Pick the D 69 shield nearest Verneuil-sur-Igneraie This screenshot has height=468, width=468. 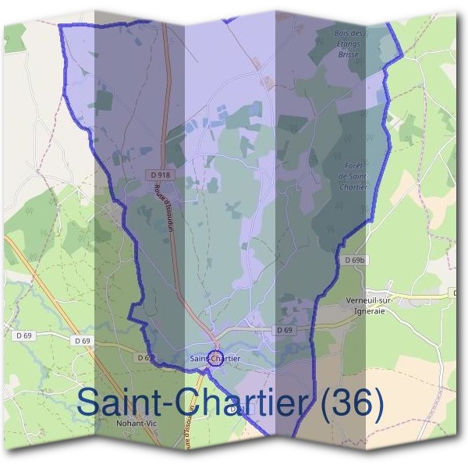coord(284,331)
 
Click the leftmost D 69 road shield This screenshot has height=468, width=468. coord(23,335)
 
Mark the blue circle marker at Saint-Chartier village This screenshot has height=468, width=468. coord(215,358)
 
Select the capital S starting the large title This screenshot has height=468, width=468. coord(90,404)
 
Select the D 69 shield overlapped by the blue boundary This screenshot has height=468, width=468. coord(144,357)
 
